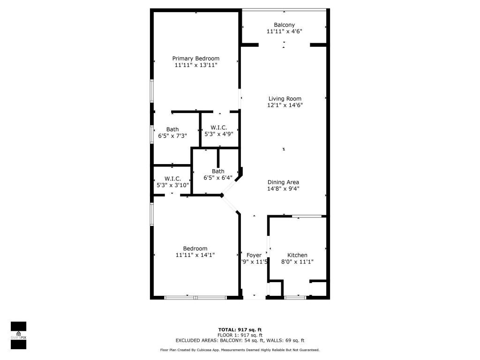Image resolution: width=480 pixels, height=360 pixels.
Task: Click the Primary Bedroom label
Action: [195, 59]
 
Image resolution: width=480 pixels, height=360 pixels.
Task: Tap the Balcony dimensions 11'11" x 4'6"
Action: [284, 32]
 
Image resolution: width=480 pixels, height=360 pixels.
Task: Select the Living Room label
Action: [285, 98]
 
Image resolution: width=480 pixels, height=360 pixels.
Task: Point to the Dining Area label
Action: [283, 182]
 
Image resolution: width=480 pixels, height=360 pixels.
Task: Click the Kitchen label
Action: [297, 255]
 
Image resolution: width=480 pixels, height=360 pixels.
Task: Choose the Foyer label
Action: [254, 255]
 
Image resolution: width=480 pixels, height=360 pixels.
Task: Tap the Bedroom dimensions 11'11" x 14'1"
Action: [195, 255]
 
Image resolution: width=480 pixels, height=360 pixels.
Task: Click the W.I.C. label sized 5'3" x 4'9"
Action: [219, 127]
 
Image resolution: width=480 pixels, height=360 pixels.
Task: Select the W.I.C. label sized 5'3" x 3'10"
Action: [172, 179]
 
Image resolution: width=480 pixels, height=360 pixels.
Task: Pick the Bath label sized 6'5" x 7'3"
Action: [172, 129]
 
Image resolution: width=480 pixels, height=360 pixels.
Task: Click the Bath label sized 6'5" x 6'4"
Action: [218, 171]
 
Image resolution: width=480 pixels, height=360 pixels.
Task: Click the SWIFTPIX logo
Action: [18, 335]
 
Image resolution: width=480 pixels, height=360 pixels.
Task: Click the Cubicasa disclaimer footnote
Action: [240, 350]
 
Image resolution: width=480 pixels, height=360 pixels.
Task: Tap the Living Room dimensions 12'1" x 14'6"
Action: [285, 105]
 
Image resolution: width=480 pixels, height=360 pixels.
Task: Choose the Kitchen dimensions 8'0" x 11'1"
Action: [297, 262]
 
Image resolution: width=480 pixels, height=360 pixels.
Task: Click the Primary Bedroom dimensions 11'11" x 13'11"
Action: [195, 65]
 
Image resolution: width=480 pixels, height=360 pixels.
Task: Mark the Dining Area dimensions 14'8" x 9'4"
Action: [283, 189]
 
